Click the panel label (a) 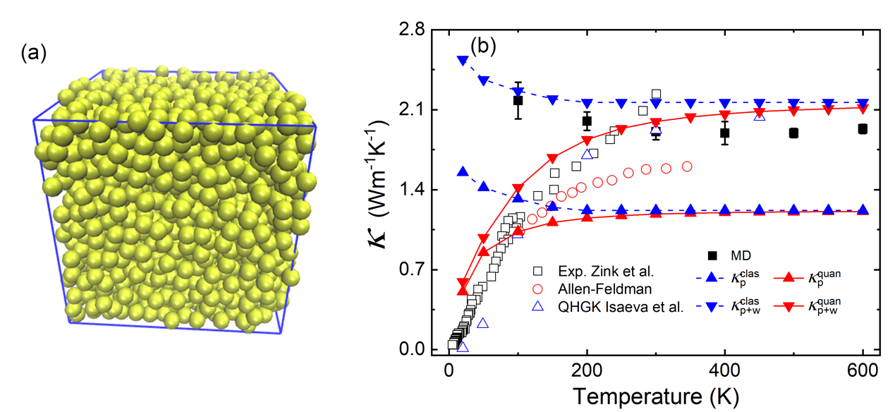click(34, 53)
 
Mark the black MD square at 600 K click(862, 128)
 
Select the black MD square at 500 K click(793, 133)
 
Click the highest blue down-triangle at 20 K click(463, 61)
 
